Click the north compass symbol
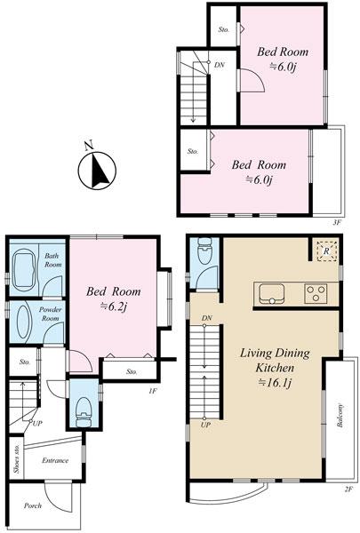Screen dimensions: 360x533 pyautogui.click(x=97, y=170)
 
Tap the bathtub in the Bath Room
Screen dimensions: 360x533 pyautogui.click(x=24, y=269)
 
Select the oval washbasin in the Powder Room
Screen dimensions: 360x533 pyautogui.click(x=24, y=322)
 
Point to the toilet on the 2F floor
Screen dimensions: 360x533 pyautogui.click(x=204, y=251)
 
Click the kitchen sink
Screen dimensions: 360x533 pyautogui.click(x=271, y=294)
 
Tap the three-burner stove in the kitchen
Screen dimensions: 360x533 pyautogui.click(x=316, y=294)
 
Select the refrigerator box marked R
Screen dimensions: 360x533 pyautogui.click(x=326, y=251)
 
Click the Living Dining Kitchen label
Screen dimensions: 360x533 pyautogui.click(x=275, y=361)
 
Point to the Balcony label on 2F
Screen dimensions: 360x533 pyautogui.click(x=340, y=416)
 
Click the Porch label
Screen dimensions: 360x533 pyautogui.click(x=33, y=505)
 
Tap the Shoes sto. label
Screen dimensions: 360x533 pyautogui.click(x=17, y=459)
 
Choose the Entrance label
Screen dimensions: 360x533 pyautogui.click(x=55, y=460)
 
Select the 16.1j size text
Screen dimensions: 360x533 pyautogui.click(x=275, y=383)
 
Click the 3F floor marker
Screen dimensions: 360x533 pyautogui.click(x=337, y=222)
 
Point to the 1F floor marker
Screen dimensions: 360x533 pyautogui.click(x=152, y=391)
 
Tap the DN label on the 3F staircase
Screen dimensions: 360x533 pyautogui.click(x=220, y=65)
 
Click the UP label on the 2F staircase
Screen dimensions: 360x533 pyautogui.click(x=205, y=425)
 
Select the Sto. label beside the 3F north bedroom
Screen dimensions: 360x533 pyautogui.click(x=223, y=30)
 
